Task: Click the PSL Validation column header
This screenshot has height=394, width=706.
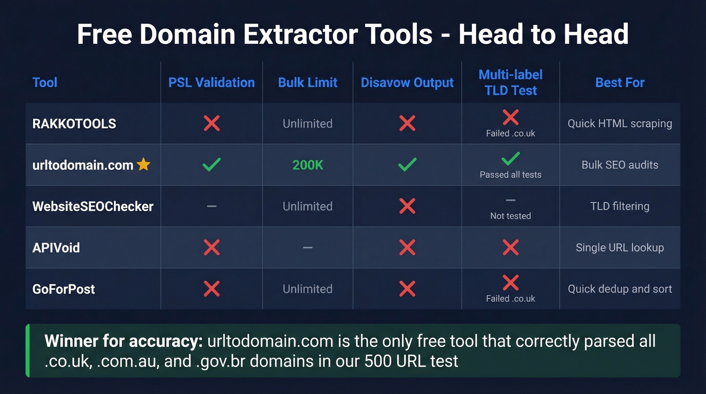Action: click(x=211, y=83)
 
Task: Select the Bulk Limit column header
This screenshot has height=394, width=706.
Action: click(x=308, y=83)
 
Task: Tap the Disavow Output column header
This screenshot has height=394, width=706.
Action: click(x=407, y=83)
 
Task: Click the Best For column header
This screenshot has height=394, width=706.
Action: click(x=620, y=83)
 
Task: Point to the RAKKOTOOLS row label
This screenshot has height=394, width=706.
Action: click(x=74, y=124)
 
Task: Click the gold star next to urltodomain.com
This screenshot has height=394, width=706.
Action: click(x=144, y=164)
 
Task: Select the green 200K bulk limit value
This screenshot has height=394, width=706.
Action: click(x=308, y=165)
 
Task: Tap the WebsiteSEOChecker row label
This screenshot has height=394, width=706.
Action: click(x=93, y=206)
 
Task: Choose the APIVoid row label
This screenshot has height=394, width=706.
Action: click(x=56, y=248)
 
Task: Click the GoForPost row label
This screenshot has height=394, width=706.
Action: click(x=64, y=289)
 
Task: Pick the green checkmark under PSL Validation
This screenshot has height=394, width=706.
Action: click(x=211, y=164)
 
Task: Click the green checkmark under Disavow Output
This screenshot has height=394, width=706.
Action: click(x=407, y=164)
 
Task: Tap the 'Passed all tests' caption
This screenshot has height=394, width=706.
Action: click(x=510, y=175)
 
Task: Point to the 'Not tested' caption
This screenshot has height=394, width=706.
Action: click(x=510, y=216)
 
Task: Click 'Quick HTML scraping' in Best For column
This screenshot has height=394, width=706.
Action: click(x=620, y=124)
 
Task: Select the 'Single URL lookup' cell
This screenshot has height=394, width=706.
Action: click(x=620, y=248)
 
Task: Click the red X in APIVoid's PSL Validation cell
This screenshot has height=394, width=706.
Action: click(x=211, y=247)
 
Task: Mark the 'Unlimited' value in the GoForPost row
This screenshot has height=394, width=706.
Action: click(x=308, y=289)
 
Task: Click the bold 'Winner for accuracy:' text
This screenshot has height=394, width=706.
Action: click(x=123, y=342)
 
